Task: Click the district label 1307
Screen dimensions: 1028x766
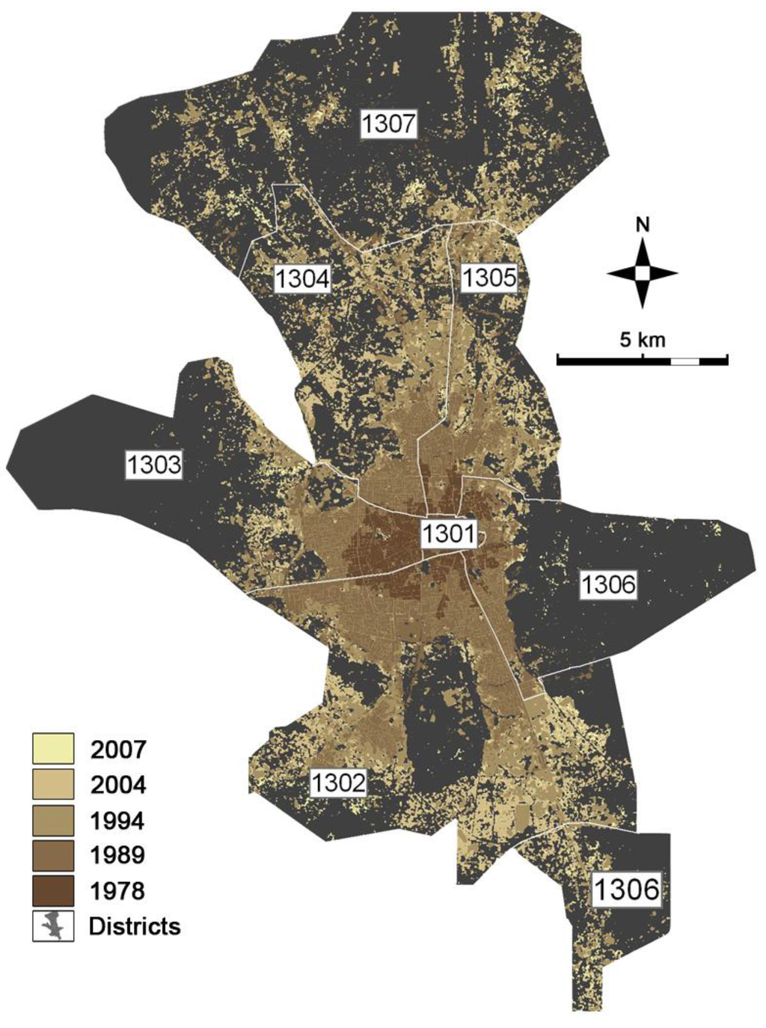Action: [388, 123]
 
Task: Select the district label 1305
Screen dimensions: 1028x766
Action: [488, 278]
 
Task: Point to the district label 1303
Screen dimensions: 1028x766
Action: [153, 464]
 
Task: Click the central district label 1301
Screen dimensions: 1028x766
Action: [448, 534]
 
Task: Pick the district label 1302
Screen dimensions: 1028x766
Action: [339, 783]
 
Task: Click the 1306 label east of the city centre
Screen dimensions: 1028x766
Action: [608, 584]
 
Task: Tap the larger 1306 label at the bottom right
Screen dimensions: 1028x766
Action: [627, 890]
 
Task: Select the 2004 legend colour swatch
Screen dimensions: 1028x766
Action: [53, 784]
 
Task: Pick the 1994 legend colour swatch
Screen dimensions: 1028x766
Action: [53, 820]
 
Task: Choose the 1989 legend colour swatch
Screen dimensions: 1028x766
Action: [53, 855]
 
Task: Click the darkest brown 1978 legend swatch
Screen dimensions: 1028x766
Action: [53, 890]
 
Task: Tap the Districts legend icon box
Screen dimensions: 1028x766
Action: [53, 925]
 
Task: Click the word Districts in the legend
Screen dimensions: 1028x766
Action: [135, 926]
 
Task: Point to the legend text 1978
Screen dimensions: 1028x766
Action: [117, 891]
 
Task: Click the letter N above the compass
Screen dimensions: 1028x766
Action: [642, 224]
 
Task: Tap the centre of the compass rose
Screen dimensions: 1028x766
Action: [642, 273]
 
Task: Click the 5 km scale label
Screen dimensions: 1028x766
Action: [642, 340]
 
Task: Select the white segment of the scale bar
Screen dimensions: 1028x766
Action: [684, 361]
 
